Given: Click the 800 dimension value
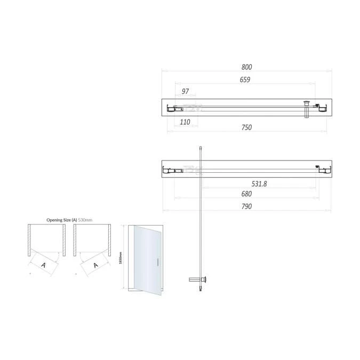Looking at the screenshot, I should click(246, 67).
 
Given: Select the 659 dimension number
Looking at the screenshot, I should click(245, 80).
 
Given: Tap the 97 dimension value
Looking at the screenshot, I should click(186, 92).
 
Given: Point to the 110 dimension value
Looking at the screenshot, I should click(185, 122).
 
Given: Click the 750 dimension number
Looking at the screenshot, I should click(246, 127).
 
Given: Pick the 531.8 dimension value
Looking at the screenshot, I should click(259, 183).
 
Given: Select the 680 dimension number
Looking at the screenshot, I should click(246, 194).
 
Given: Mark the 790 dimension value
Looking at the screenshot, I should click(246, 206).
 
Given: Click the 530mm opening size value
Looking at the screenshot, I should click(85, 220).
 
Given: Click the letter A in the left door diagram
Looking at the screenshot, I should click(43, 264).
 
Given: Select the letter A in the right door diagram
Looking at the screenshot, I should click(96, 265).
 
